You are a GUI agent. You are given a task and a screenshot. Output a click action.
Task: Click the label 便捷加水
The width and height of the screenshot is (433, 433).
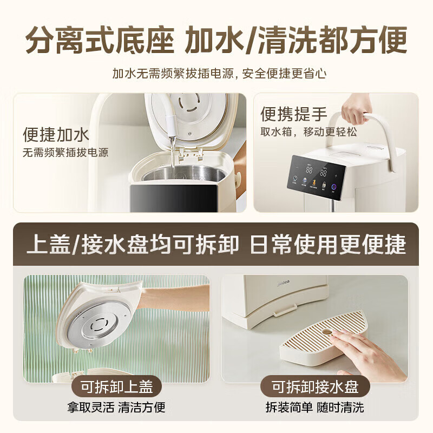(x=56, y=135)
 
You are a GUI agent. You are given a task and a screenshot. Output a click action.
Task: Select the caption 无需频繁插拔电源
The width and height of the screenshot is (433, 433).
(x=65, y=153)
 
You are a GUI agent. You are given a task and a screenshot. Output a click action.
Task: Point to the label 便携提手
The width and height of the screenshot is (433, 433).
(x=294, y=114)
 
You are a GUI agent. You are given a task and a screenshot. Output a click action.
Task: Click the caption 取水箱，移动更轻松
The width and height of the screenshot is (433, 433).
(x=309, y=132)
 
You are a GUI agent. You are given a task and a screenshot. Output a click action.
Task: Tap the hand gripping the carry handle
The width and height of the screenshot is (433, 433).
(x=356, y=109)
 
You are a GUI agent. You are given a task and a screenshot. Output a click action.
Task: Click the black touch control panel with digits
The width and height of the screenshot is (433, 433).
(x=317, y=174)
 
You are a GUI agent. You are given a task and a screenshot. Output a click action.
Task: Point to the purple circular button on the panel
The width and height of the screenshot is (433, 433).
(x=333, y=186)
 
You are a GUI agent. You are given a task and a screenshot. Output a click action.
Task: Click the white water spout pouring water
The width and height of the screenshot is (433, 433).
(x=171, y=127)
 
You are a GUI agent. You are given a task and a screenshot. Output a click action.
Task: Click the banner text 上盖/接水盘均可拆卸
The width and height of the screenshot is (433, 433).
(x=133, y=245)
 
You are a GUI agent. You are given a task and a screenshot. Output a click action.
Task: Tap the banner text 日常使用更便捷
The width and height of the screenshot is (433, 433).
(x=328, y=245)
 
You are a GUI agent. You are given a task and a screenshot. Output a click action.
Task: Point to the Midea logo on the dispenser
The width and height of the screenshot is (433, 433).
(x=283, y=283)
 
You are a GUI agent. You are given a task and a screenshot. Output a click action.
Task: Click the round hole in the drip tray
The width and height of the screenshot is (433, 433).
(x=327, y=332)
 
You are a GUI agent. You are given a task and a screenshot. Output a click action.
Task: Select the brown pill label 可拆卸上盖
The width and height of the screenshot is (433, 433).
(x=116, y=386)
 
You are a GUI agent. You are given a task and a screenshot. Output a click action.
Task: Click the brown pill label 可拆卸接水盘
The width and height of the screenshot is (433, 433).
(x=315, y=386)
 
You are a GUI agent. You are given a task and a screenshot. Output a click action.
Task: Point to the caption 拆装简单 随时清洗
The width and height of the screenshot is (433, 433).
(x=315, y=408)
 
